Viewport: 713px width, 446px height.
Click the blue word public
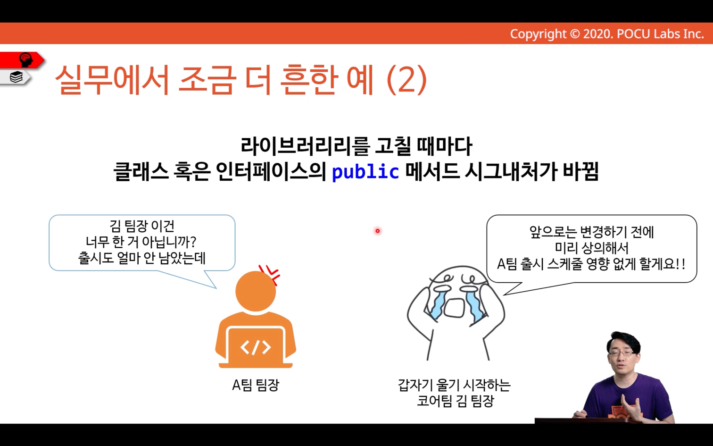[365, 172]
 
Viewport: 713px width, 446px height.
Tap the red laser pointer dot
[378, 231]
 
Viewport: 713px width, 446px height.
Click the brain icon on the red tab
[26, 59]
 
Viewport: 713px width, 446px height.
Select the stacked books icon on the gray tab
[16, 77]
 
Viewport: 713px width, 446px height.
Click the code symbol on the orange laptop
[256, 347]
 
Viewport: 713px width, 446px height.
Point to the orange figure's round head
[256, 291]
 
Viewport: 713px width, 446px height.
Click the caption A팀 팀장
[256, 385]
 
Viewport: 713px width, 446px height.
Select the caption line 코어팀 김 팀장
[455, 401]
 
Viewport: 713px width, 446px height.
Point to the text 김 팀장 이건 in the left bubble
[142, 226]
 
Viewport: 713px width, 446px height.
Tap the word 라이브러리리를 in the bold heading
[305, 146]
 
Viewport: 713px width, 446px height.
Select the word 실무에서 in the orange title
[111, 80]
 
